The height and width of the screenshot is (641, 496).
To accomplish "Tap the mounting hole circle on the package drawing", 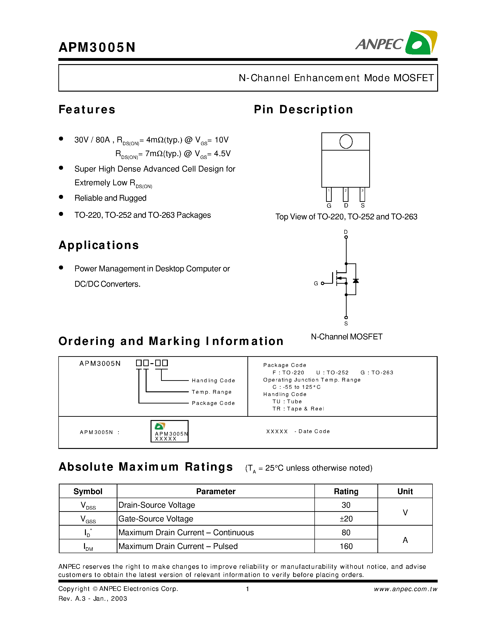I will [346, 141].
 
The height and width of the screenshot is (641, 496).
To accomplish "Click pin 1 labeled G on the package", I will [329, 195].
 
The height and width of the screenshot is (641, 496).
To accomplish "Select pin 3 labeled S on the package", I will [362, 195].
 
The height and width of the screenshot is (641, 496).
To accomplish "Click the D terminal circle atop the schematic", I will [346, 237].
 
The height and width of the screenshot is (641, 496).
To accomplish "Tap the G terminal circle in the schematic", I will [322, 283].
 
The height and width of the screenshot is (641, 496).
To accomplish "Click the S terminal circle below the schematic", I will [346, 317].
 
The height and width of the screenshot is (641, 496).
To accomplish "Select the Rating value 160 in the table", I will [346, 546].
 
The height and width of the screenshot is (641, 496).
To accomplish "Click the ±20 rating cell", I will [346, 519].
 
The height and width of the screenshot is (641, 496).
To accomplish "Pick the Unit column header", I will [405, 491].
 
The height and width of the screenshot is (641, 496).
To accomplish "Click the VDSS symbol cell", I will [88, 505].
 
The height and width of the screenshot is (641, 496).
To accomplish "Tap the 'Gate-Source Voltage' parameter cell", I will [156, 519].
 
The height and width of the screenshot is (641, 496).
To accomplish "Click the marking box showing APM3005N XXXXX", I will [169, 431].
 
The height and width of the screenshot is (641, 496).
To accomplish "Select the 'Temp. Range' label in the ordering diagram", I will [211, 392].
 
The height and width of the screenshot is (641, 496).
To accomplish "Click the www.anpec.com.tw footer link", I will [405, 589].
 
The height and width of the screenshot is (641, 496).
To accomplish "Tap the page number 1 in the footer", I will [247, 589].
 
